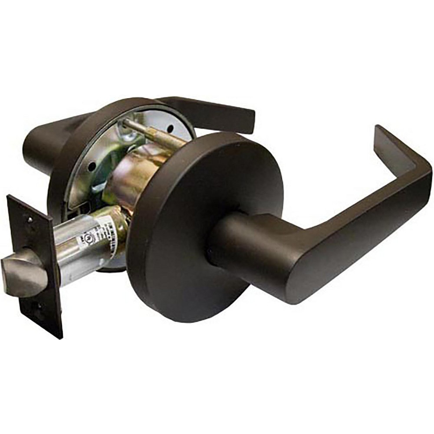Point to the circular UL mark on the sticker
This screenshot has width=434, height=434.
point(81,239)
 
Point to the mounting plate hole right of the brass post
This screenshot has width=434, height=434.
point(170,128)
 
